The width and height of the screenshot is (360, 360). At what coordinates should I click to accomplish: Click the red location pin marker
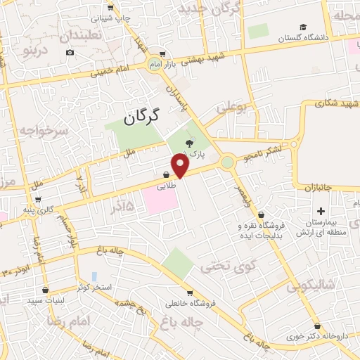click(x=181, y=165)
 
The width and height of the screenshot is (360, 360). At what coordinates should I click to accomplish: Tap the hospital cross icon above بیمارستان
click(x=321, y=211)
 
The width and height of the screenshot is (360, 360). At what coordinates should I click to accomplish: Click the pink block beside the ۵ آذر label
click(x=161, y=200)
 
